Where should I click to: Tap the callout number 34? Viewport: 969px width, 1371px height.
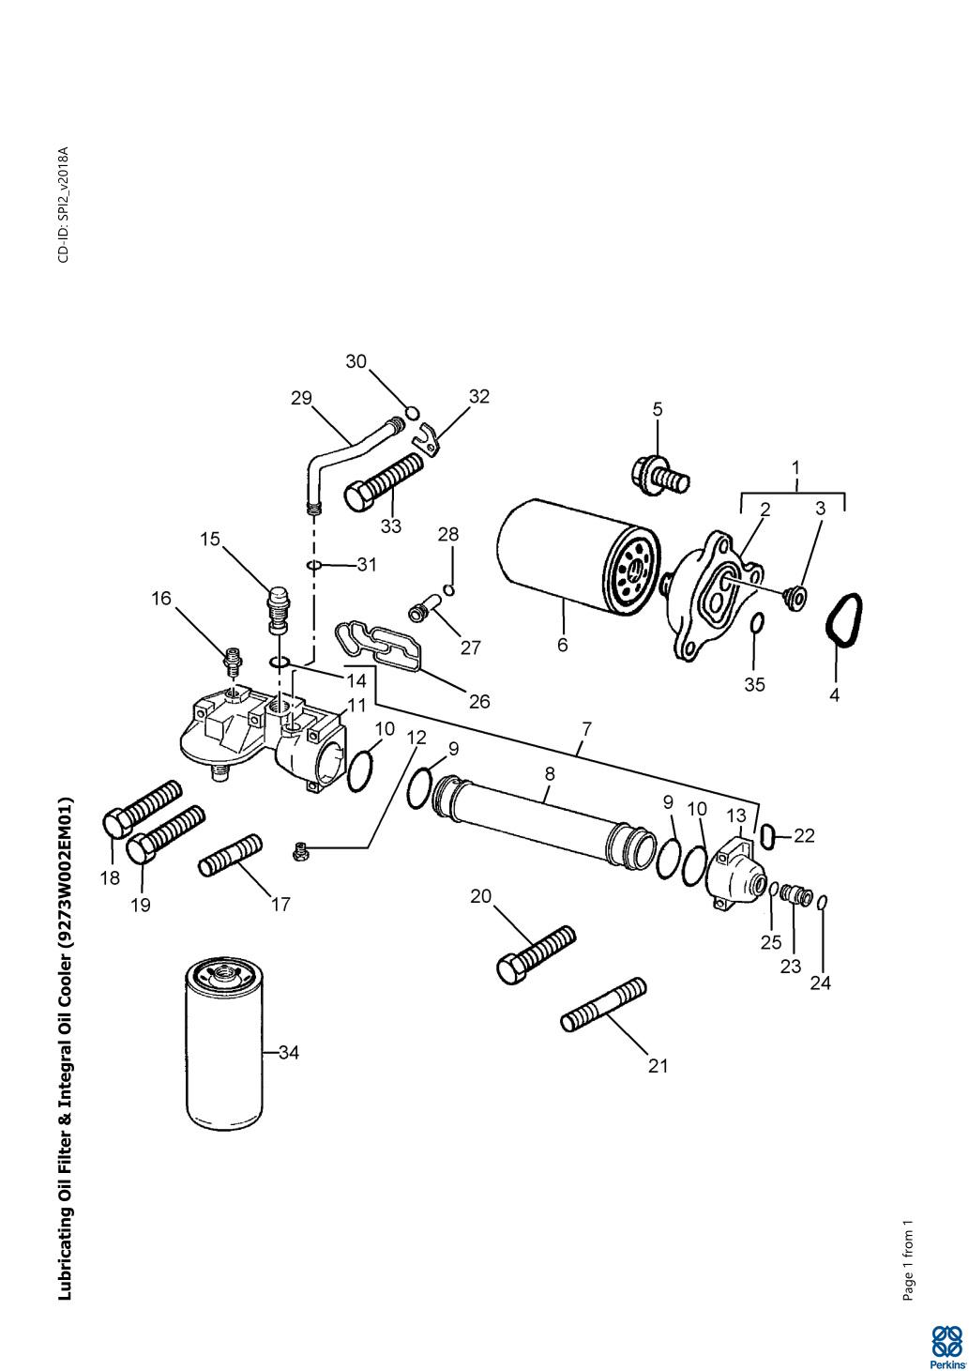point(288,1053)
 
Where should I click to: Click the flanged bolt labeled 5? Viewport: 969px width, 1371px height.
point(659,474)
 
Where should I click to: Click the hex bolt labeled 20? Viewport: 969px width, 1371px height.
point(536,954)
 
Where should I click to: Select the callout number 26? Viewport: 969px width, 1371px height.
point(479,701)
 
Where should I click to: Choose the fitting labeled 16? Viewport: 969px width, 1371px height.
point(233,660)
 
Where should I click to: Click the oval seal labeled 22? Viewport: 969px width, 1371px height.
point(771,834)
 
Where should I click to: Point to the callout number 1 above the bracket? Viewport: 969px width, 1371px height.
point(795,468)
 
